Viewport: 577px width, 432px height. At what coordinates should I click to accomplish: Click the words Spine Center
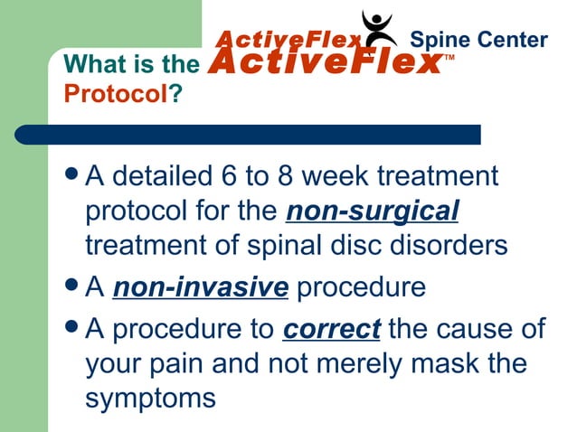click(478, 40)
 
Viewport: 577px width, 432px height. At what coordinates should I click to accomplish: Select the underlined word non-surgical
click(373, 211)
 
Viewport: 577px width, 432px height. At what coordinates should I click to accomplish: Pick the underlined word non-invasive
click(200, 288)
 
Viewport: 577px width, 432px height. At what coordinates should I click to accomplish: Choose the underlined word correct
click(331, 329)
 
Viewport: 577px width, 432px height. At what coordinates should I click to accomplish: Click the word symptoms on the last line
click(150, 397)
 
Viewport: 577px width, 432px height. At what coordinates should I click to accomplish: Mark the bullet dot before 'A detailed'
click(70, 175)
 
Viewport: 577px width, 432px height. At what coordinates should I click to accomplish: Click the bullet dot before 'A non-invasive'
click(70, 288)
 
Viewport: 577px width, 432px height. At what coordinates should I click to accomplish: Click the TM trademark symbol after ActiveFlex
click(449, 59)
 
